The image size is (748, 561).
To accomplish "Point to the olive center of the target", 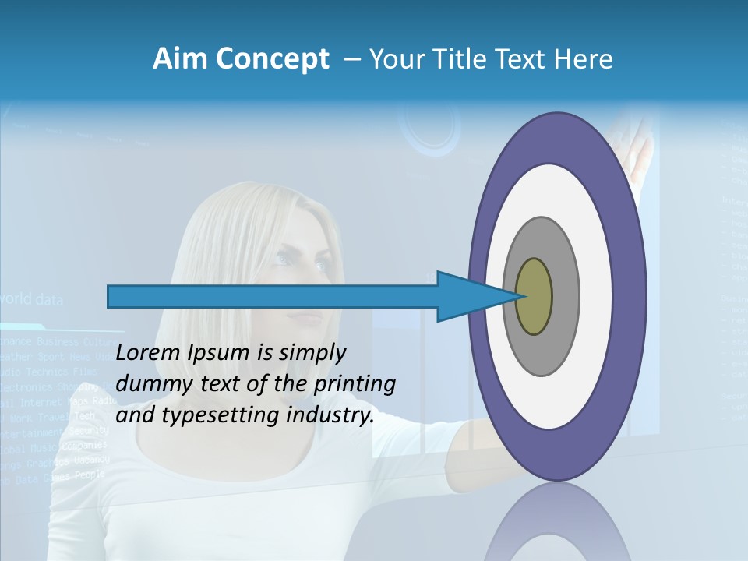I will pyautogui.click(x=535, y=297).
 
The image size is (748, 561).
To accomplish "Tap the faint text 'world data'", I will pyautogui.click(x=33, y=299).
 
